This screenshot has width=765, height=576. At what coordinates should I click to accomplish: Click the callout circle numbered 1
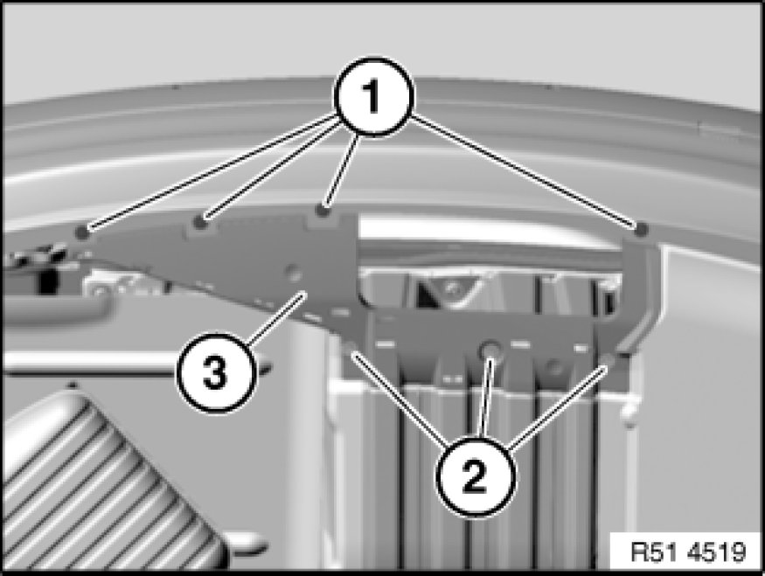(x=373, y=96)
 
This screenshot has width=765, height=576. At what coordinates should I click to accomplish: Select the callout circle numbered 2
(x=475, y=476)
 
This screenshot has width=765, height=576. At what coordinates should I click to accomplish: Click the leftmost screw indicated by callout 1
(x=82, y=232)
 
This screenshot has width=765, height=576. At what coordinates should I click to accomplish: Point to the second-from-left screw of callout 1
(x=199, y=222)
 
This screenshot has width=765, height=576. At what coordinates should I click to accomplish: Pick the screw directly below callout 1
(x=322, y=211)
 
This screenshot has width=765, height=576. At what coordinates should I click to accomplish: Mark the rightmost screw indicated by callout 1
(x=641, y=228)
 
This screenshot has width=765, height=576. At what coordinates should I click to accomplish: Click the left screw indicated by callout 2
(x=351, y=347)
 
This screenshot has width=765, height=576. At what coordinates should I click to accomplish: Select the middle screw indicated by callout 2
(x=490, y=350)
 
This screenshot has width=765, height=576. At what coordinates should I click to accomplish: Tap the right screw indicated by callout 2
(x=608, y=359)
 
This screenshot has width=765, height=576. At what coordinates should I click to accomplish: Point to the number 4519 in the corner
(x=718, y=552)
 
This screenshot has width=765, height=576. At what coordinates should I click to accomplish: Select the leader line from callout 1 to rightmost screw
(x=524, y=170)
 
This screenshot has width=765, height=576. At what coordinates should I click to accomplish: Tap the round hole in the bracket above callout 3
(x=293, y=272)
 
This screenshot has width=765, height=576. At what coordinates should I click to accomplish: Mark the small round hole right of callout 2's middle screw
(x=554, y=366)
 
